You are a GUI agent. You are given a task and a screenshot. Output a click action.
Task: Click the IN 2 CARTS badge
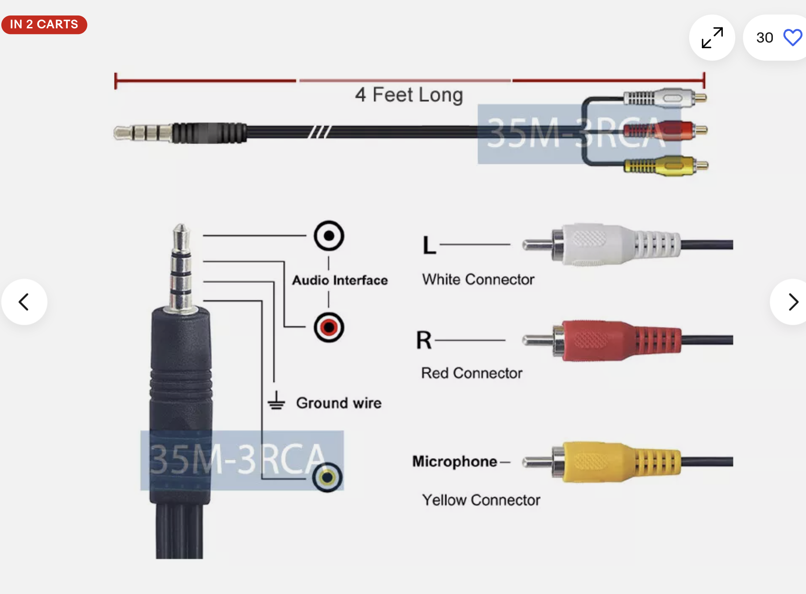coord(44,24)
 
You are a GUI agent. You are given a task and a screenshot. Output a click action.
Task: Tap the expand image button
coord(712,38)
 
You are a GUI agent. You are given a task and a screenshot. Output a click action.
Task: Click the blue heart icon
coord(792,38)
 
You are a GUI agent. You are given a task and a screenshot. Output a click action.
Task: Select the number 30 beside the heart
coord(764,38)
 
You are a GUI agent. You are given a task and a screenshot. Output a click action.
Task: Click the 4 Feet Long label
coord(409,95)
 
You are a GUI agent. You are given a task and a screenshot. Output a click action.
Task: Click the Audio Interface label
coord(340,280)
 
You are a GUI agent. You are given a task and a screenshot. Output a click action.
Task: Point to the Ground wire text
coord(338,403)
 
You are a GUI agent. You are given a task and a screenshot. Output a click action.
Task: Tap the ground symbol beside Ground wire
coord(276,401)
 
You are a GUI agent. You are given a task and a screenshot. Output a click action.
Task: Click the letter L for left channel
coord(429,245)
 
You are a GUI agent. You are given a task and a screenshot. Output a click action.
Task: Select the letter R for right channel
coord(424,340)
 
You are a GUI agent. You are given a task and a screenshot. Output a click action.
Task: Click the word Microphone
coord(455,461)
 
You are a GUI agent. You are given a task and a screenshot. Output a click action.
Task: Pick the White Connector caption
coord(478,279)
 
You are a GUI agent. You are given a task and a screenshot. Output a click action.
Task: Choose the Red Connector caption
coord(472,373)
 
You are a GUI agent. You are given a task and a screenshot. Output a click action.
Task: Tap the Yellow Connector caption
coord(481,500)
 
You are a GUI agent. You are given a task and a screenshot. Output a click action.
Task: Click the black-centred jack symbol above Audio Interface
coord(329,236)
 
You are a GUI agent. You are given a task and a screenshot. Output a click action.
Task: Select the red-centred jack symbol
coord(329,328)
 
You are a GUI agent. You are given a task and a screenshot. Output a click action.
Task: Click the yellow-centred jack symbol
coord(327,478)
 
